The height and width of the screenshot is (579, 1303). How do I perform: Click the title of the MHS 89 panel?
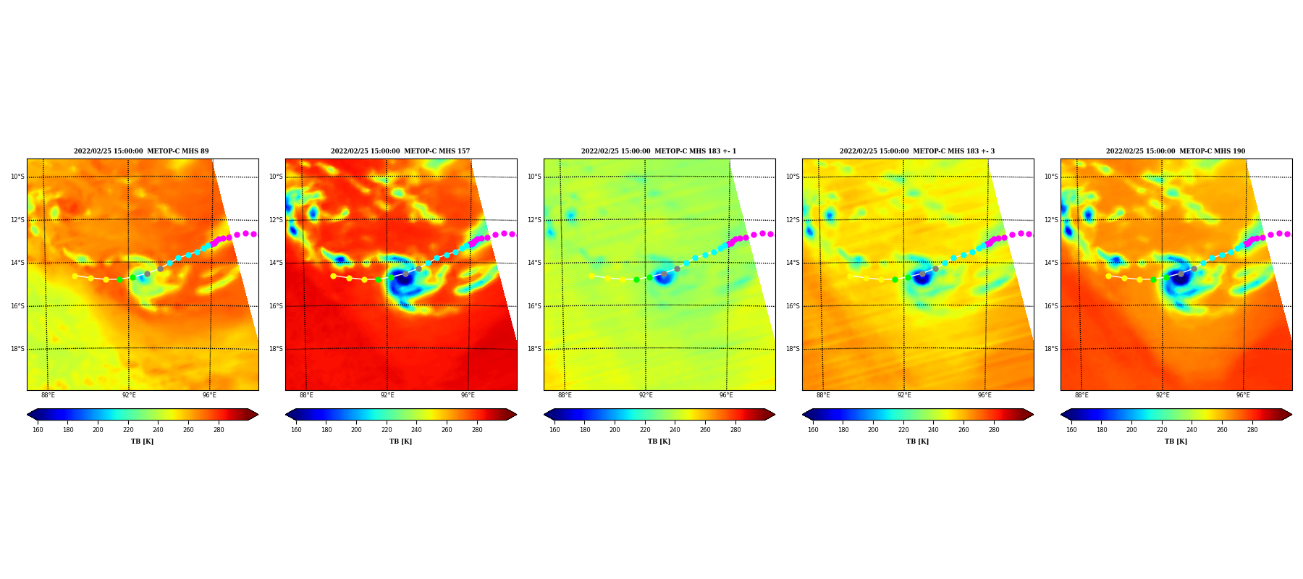coord(141,151)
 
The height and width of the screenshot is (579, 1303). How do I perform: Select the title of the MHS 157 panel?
coord(400,151)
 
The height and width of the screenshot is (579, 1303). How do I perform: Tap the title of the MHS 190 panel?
coord(1176,151)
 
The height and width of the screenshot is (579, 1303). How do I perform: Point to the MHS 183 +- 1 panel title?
coord(659,151)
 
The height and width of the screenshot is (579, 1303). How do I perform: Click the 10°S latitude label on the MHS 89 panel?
coord(17,177)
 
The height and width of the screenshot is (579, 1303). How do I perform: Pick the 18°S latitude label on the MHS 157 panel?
coord(276,349)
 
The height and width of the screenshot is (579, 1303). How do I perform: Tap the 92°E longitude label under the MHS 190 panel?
coord(1163,395)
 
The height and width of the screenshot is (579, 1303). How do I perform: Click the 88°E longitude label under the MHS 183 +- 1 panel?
coord(565,395)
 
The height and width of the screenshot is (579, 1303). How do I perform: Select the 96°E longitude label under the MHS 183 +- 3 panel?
coord(984,395)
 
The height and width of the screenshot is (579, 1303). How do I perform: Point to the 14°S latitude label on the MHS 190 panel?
coord(1051,263)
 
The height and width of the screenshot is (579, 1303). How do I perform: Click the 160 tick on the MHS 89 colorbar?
coord(38,430)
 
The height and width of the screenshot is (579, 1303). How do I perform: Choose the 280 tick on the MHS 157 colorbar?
coord(477,430)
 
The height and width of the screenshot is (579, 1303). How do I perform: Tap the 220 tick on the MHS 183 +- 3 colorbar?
coord(903,430)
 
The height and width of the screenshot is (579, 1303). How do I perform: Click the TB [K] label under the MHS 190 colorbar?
coord(1176,441)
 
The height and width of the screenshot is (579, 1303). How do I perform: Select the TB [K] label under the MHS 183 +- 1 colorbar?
coord(659,441)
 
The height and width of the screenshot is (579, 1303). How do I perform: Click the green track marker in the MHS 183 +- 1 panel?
coord(636,279)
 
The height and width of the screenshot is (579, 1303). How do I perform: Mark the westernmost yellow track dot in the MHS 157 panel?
coord(333,276)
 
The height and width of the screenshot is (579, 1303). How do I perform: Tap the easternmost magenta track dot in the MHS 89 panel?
coord(254,234)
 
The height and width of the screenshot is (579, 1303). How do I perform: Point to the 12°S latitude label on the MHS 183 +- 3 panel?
coord(793,220)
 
